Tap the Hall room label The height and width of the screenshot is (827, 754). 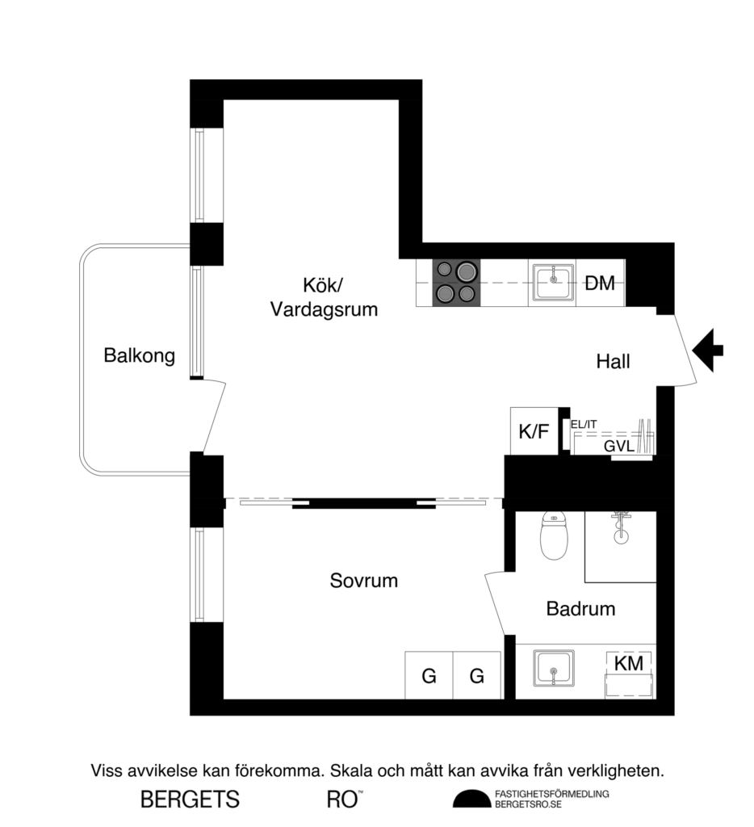coord(613,362)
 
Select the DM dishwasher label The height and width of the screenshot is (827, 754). coord(600,283)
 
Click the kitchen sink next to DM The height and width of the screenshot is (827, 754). coord(553,283)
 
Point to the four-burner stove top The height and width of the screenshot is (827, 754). coord(456,283)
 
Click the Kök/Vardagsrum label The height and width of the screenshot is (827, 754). coord(324,296)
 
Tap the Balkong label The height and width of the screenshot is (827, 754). coord(140,355)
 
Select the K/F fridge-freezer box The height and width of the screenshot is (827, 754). coord(534,432)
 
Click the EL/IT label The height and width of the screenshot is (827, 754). coord(584,424)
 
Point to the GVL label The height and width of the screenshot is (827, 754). coord(618,447)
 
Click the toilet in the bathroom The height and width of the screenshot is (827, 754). coord(554,538)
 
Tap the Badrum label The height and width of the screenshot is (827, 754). coord(580,609)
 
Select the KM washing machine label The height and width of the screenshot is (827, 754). coord(629,663)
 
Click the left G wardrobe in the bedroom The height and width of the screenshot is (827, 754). coord(429,675)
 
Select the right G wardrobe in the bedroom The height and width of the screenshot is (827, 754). coord(477,675)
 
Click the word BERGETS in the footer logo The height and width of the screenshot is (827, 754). coord(191,800)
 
